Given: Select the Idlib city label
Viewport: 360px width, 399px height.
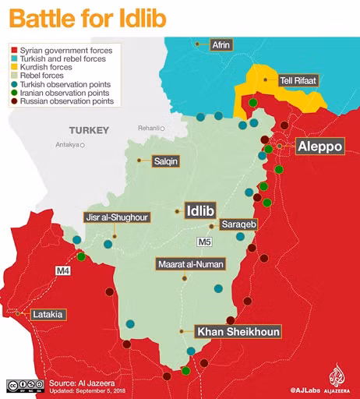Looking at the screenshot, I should click(200, 209).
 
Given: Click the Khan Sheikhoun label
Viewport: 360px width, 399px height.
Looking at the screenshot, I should click(237, 331).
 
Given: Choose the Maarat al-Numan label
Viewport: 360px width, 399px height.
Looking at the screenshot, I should click(191, 264).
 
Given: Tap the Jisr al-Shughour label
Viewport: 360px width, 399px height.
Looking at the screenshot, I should click(117, 217).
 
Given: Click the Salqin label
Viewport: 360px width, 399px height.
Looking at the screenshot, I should click(166, 161).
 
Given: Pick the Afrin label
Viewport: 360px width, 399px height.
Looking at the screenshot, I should click(221, 46).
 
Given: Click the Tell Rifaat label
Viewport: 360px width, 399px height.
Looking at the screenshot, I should click(298, 79).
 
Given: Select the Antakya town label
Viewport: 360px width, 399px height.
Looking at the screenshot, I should click(68, 144).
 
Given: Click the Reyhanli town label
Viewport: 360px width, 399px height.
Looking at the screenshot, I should click(147, 128).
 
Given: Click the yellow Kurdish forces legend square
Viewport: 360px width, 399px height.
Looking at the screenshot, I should click(13, 67).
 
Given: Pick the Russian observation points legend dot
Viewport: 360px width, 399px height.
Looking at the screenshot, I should click(13, 101).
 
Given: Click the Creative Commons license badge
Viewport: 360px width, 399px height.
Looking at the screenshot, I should click(24, 385).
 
